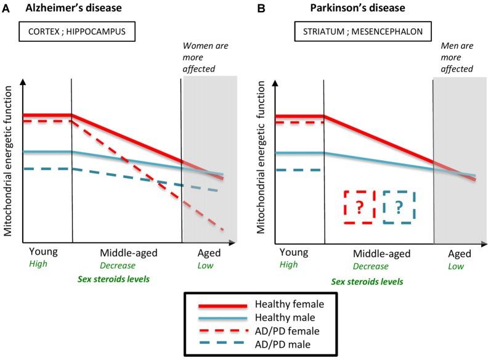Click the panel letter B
tap(261, 9)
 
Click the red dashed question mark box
tap(359, 207)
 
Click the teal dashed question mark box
tap(399, 207)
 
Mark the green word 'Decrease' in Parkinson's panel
tap(370, 266)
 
